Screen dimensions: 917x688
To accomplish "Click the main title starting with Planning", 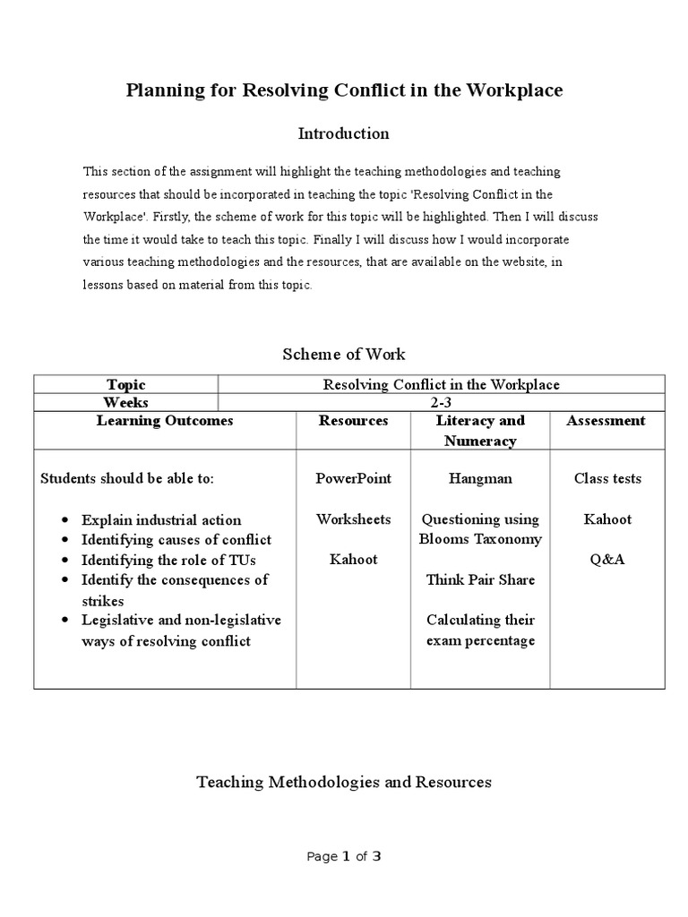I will click(x=344, y=91).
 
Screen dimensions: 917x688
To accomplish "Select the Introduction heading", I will click(x=343, y=133).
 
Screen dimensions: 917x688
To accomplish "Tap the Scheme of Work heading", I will click(x=344, y=355).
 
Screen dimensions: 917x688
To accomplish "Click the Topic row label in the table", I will click(x=126, y=384).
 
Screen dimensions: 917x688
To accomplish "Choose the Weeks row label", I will click(x=126, y=402).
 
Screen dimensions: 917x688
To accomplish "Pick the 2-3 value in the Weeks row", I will click(x=441, y=402).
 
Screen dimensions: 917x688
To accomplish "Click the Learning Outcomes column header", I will click(x=165, y=421).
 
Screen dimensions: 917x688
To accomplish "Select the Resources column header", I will click(x=353, y=421).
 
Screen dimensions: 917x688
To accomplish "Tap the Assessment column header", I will click(x=606, y=421).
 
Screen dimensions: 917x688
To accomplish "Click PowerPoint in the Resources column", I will click(x=353, y=478).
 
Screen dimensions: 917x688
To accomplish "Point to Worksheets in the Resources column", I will click(x=353, y=519).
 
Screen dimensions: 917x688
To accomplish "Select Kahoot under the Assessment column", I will click(x=607, y=519).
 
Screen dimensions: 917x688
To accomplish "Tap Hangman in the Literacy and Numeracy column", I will click(x=480, y=478).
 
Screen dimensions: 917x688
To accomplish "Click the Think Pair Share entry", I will click(x=480, y=579).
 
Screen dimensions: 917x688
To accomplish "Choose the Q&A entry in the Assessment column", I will click(x=607, y=560).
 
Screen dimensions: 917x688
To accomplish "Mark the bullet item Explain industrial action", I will click(x=161, y=520).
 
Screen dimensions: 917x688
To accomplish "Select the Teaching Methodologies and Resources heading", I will click(x=344, y=782).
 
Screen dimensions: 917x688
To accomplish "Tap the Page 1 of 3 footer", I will click(x=344, y=856).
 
